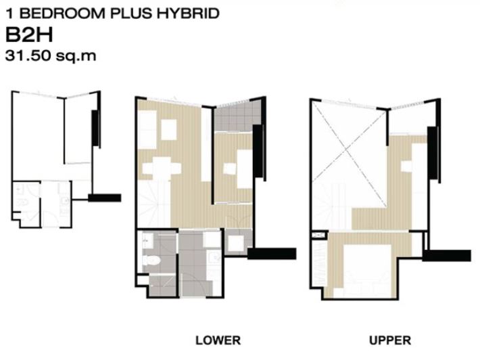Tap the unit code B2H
[29, 35]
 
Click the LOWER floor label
[218, 340]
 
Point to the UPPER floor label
[390, 340]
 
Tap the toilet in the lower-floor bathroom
[151, 261]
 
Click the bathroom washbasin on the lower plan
[148, 240]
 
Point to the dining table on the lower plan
[162, 168]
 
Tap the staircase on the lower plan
[154, 204]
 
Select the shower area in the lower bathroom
[163, 286]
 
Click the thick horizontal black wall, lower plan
[272, 254]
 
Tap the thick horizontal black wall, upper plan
[447, 256]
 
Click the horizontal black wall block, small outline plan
[105, 198]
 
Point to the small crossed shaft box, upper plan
[318, 235]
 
